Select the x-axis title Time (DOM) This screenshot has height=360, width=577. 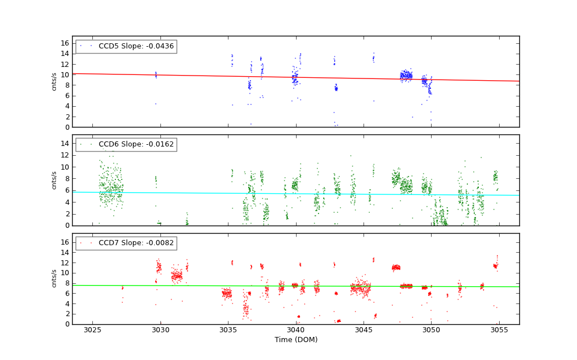[x=295, y=340]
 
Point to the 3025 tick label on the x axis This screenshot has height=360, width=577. [x=92, y=330]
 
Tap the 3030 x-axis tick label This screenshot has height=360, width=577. [x=160, y=330]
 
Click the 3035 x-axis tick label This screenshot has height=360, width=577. [x=228, y=330]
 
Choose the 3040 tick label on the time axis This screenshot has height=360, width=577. [x=296, y=330]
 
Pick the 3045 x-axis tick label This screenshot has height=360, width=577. [x=364, y=330]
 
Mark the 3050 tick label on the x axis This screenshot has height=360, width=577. [x=432, y=330]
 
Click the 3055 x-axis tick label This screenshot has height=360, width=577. [x=499, y=330]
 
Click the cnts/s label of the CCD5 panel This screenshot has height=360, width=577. [x=54, y=81]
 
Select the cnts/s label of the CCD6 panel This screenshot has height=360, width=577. [x=54, y=180]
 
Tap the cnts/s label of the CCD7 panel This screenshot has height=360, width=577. [x=54, y=279]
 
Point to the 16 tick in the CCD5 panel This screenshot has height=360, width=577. [x=65, y=43]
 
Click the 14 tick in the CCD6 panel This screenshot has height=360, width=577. [x=65, y=143]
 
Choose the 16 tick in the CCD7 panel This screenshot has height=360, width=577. [x=65, y=242]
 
